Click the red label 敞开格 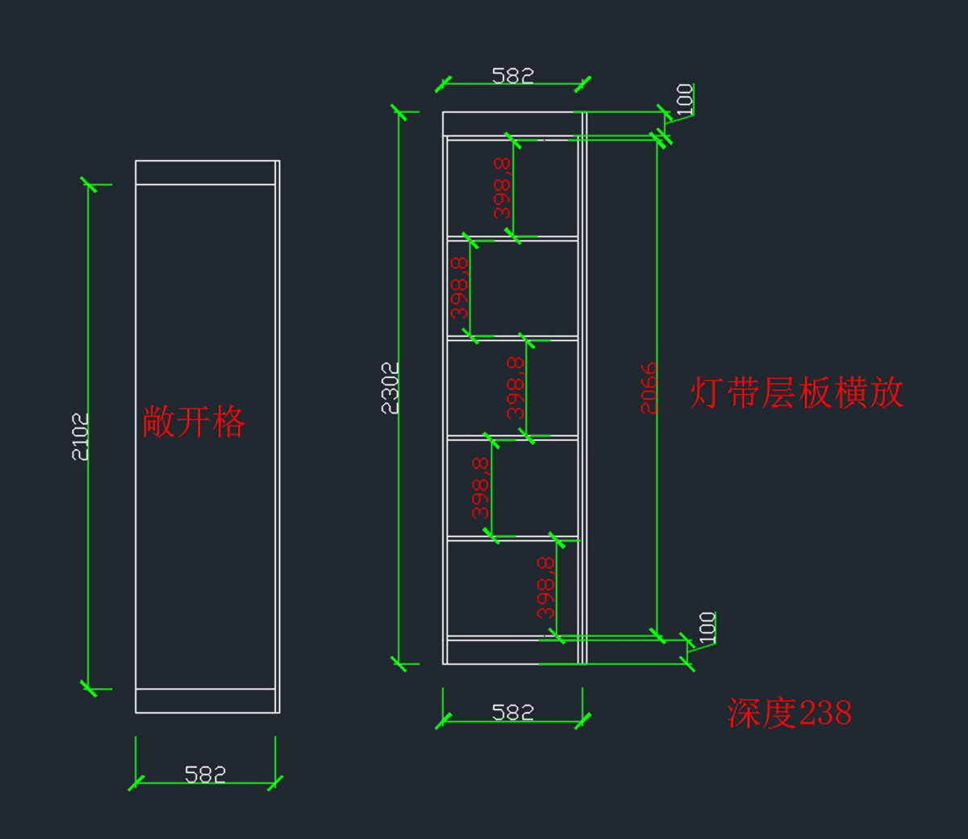point(194,422)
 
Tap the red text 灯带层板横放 point(796,393)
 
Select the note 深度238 point(789,713)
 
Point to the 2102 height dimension point(81,437)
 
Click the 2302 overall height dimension point(390,388)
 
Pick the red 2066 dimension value point(649,388)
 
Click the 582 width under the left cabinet point(205,774)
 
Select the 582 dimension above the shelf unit point(513,76)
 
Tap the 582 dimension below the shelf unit point(513,712)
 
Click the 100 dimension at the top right point(684,99)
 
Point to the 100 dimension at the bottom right point(707,627)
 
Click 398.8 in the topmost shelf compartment point(502,188)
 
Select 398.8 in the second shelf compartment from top point(459,287)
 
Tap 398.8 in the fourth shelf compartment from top point(480,487)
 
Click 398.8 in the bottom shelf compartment point(545,587)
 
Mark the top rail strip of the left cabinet point(206,173)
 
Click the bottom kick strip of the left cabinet point(206,701)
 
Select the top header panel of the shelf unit point(508,124)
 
